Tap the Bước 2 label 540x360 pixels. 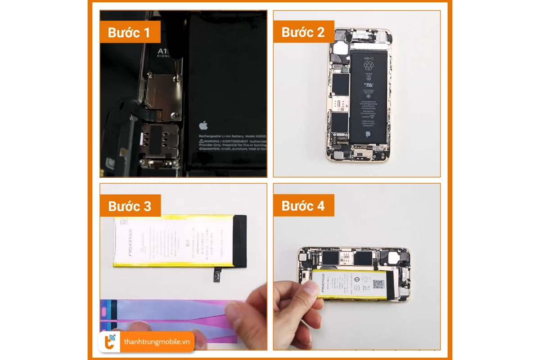click(x=303, y=32)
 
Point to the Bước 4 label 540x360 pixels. click(x=303, y=206)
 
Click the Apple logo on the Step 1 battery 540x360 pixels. click(x=203, y=125)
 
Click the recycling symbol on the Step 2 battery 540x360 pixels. click(x=369, y=65)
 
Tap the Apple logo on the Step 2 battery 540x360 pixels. click(x=367, y=134)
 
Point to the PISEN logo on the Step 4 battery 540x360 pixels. click(x=324, y=284)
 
